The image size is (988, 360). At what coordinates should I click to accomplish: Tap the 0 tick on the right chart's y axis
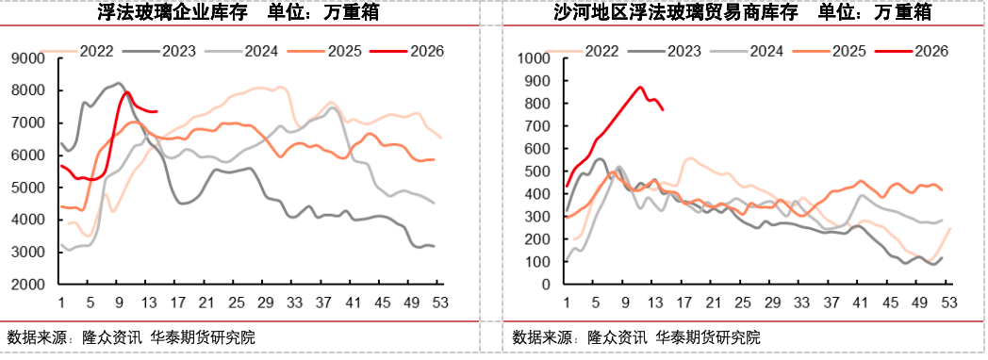point(553,284)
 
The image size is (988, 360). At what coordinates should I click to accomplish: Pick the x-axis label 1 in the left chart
point(60,303)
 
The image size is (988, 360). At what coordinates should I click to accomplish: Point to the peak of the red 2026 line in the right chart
point(640,87)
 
